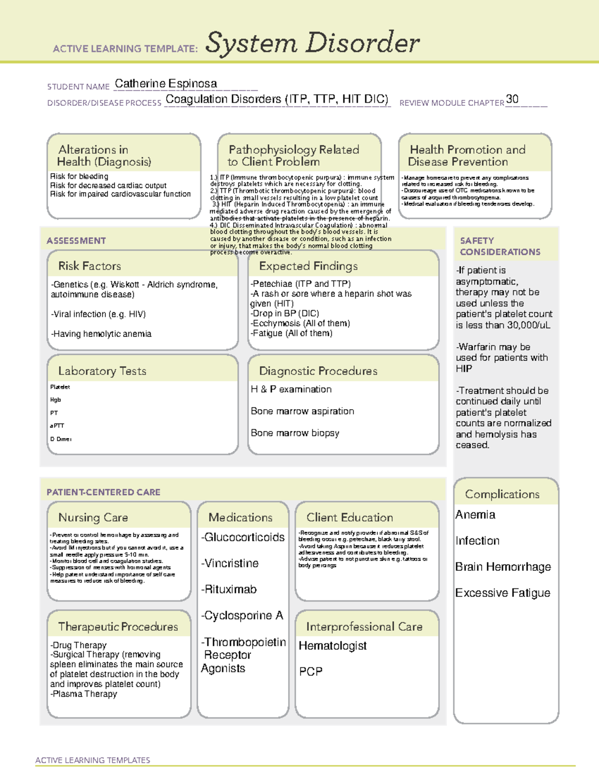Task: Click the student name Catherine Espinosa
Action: [x=166, y=84]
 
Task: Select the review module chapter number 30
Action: [x=512, y=99]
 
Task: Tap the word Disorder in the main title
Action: [x=363, y=43]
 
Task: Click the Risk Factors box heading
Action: [x=90, y=266]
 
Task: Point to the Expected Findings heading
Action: [x=308, y=266]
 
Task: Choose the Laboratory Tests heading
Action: [x=102, y=371]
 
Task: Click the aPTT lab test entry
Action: [x=57, y=426]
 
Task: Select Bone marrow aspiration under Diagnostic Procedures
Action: [x=302, y=411]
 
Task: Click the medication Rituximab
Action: [x=230, y=589]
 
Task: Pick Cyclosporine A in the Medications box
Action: [x=243, y=616]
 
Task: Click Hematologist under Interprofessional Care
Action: [x=332, y=646]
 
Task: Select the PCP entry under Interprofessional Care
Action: [x=310, y=672]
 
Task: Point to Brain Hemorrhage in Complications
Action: [x=503, y=567]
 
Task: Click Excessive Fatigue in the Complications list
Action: [x=503, y=593]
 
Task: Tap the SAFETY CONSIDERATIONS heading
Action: [x=500, y=246]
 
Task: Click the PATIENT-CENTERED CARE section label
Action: [x=103, y=492]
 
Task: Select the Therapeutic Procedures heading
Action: [x=118, y=626]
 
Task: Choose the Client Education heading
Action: [x=349, y=517]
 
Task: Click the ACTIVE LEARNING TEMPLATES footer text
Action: [x=93, y=760]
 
